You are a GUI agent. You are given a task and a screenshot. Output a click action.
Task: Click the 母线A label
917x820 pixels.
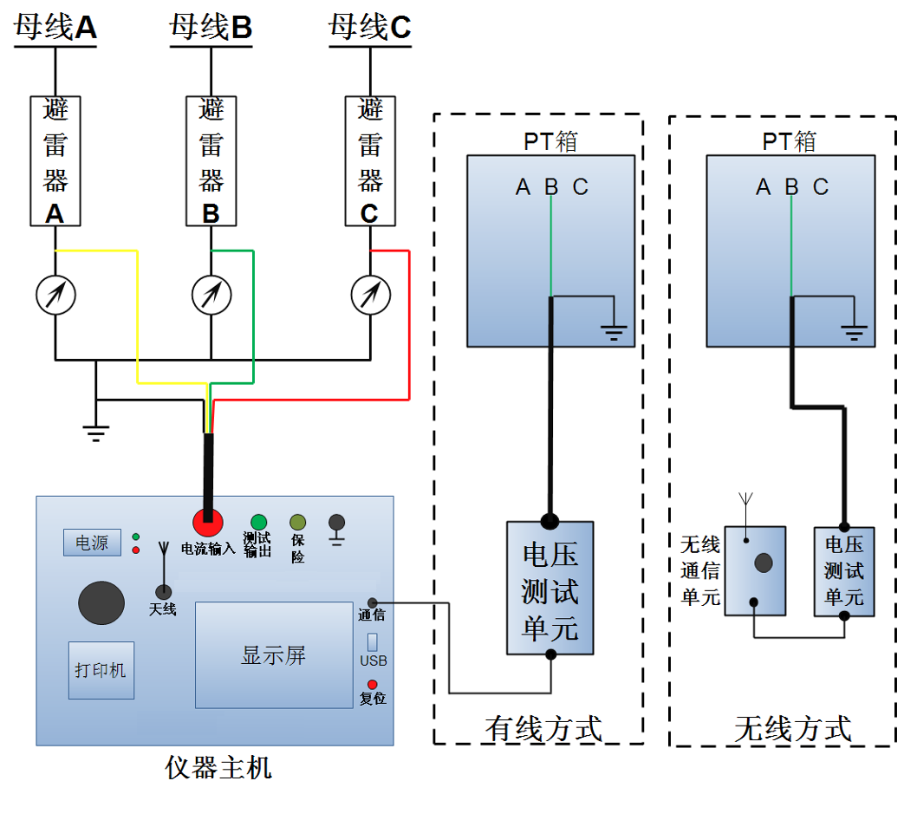tap(55, 28)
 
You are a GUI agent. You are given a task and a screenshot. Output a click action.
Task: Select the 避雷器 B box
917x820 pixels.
tap(211, 161)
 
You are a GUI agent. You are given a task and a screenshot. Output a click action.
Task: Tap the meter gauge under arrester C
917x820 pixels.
tap(371, 295)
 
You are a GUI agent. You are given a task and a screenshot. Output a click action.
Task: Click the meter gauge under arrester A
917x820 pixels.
tap(55, 295)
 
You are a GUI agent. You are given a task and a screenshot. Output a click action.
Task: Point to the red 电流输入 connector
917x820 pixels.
tap(207, 522)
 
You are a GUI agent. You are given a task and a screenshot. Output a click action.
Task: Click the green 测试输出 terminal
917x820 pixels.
tap(257, 522)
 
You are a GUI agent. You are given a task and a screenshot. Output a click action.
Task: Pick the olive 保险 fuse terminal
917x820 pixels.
tap(297, 522)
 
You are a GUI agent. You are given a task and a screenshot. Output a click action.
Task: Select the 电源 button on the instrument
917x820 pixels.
tap(92, 543)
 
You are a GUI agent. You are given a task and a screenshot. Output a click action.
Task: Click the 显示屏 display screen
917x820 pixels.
tap(273, 654)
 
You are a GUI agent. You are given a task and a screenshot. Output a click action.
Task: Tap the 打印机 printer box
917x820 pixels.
tap(101, 670)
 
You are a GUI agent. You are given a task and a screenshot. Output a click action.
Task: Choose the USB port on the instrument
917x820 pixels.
tap(373, 642)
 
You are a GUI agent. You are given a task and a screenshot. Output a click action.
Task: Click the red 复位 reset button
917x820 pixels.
tap(373, 685)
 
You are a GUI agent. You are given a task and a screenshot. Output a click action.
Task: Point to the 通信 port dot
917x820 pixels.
tap(373, 602)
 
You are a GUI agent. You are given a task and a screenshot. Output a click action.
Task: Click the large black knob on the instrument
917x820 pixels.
tap(101, 603)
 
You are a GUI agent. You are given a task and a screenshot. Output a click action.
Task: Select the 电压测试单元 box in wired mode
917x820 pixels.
tap(550, 588)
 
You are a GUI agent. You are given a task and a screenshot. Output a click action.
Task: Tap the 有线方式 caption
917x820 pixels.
tap(543, 728)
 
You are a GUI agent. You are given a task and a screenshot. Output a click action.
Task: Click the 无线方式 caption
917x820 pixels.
tap(792, 728)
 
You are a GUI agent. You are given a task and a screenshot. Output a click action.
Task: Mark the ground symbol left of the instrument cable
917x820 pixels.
tap(95, 430)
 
